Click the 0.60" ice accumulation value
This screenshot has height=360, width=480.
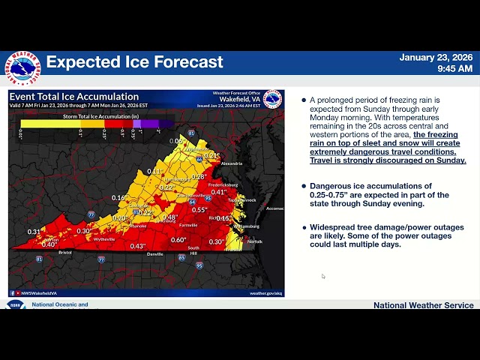178,240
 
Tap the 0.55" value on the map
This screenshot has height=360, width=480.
199,210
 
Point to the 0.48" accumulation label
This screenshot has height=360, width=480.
169,218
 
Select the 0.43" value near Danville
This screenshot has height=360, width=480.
137,246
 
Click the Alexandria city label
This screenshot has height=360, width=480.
231,163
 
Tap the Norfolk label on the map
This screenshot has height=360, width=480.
255,241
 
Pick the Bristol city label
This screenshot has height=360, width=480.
65,253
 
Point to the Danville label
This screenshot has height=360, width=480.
155,254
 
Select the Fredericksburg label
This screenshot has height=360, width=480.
223,184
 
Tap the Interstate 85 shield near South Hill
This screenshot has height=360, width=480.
181,257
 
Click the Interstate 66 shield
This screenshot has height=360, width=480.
198,159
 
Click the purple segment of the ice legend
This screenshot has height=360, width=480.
147,124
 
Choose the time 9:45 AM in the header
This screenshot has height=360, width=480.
454,69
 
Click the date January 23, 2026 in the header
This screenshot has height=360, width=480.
436,58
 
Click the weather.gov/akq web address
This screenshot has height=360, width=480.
265,293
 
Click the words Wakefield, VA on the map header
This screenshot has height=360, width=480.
240,99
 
